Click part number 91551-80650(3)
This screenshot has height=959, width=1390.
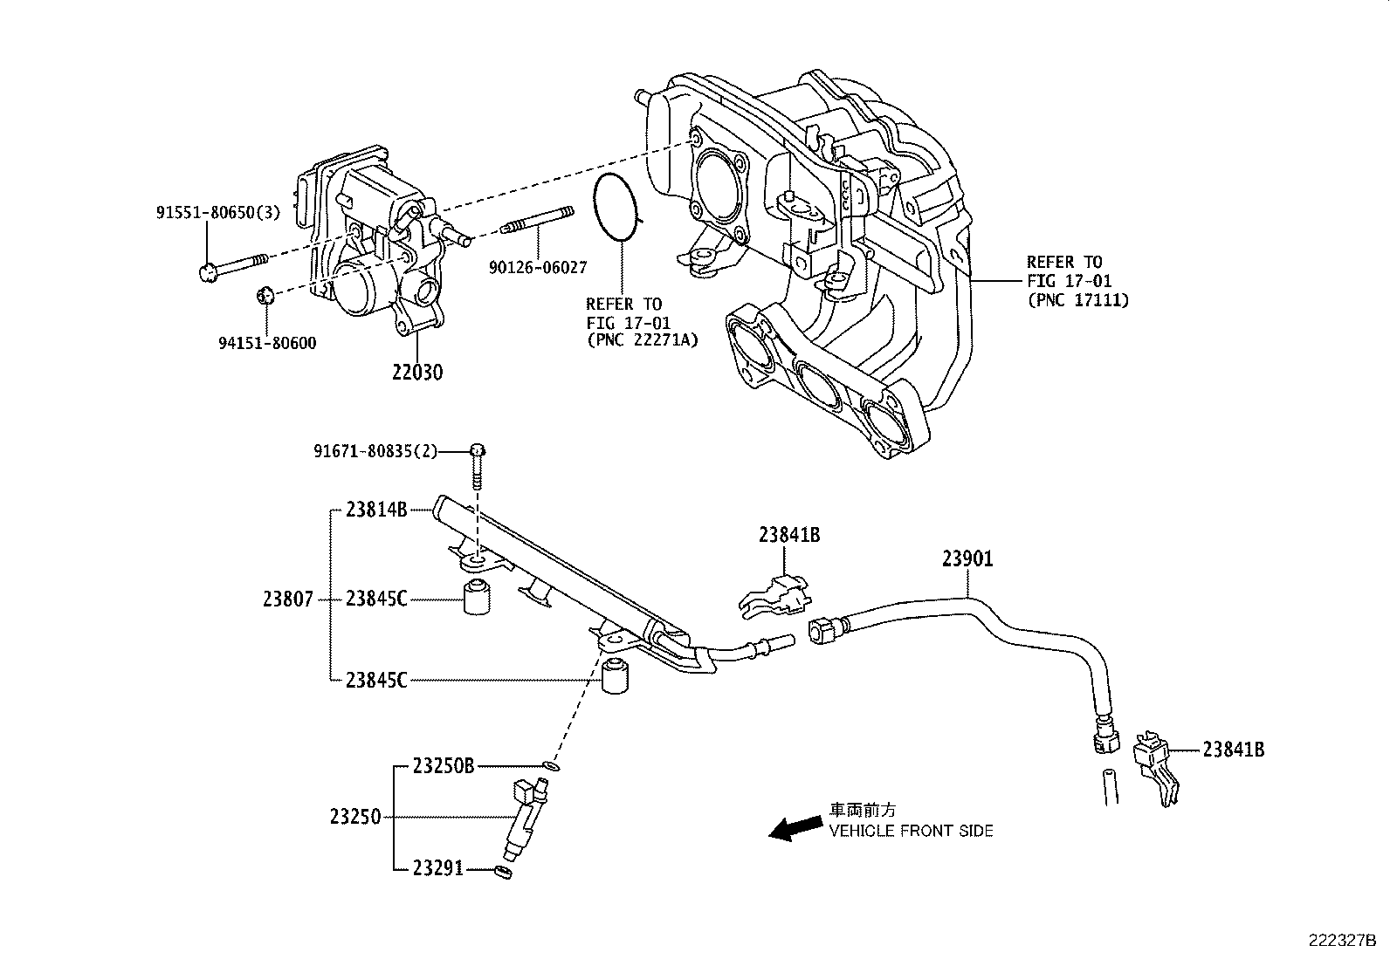tap(218, 212)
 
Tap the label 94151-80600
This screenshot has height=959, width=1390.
tap(267, 343)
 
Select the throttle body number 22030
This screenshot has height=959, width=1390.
tap(416, 373)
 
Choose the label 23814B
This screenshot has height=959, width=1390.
tap(376, 510)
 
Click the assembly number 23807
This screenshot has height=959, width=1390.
tap(286, 599)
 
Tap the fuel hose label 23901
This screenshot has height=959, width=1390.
tap(967, 558)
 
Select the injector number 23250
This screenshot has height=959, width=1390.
tap(355, 817)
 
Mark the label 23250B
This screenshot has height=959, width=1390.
tap(443, 766)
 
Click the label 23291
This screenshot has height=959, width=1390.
tap(438, 869)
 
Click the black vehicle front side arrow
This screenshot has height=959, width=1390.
tap(795, 828)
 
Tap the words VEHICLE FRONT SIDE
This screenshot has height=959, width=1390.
tap(911, 831)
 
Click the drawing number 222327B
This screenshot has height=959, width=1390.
tap(1341, 941)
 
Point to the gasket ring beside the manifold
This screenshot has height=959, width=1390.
tap(616, 206)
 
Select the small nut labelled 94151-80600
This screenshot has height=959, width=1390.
tap(267, 295)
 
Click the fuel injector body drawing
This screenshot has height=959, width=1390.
tap(524, 819)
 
